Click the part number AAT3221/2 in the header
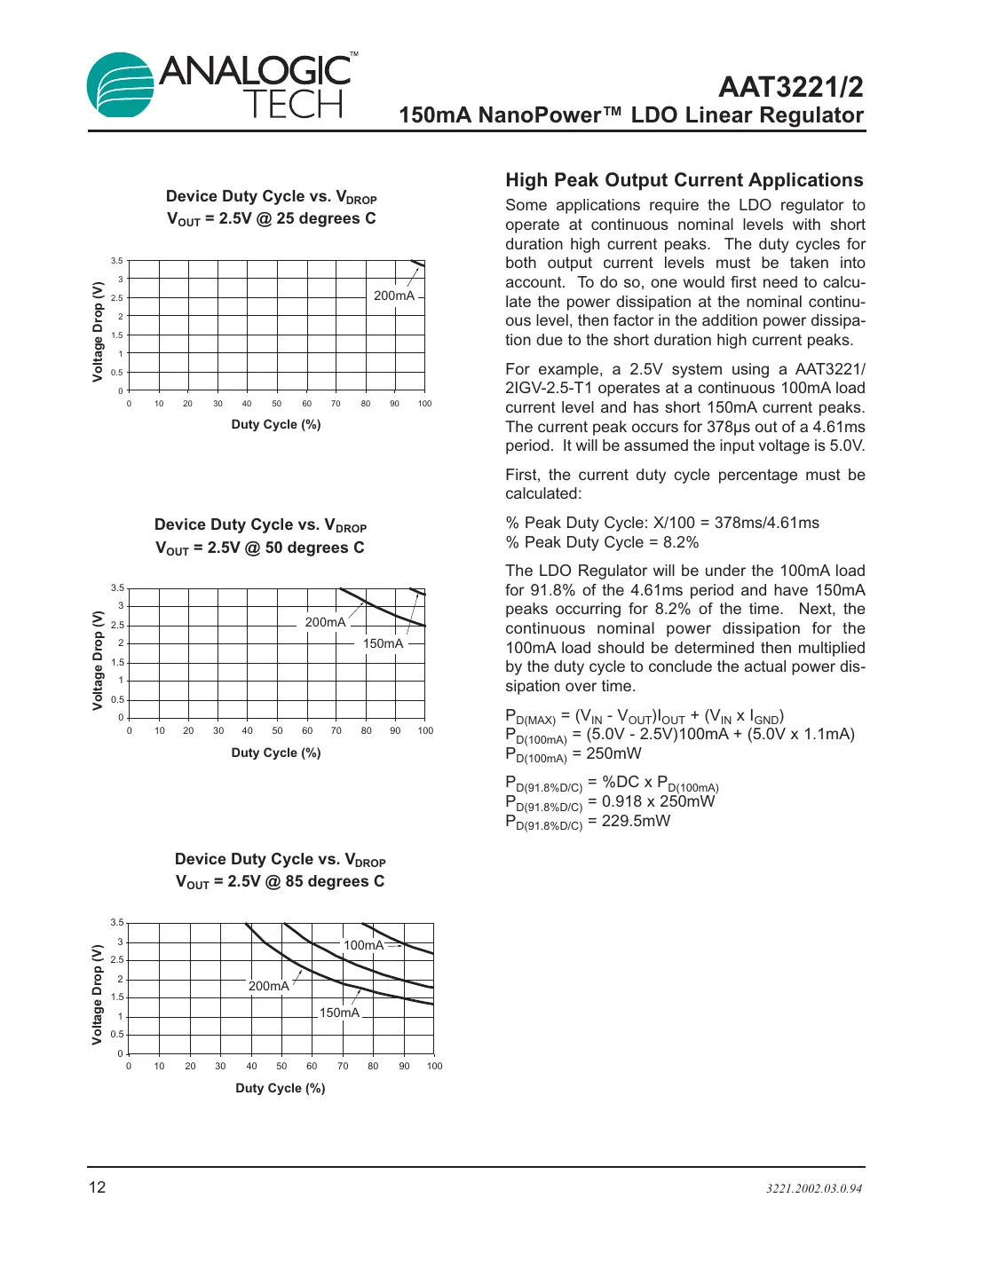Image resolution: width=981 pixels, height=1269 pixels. (x=789, y=87)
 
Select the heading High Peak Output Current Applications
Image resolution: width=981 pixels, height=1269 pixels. (x=684, y=180)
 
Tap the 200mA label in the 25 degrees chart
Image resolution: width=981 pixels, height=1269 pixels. (x=393, y=296)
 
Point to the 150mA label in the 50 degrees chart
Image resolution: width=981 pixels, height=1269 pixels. (x=383, y=643)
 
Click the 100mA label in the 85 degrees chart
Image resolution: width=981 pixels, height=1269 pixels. (x=363, y=945)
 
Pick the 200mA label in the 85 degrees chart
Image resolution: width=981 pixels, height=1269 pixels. (x=268, y=986)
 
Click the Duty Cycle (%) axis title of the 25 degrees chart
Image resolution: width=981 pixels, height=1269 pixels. (x=275, y=424)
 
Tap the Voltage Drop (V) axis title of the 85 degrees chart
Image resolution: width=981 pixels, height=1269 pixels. (x=98, y=994)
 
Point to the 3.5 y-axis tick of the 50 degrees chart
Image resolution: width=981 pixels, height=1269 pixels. (x=117, y=587)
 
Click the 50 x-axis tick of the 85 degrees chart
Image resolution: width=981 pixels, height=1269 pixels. (x=281, y=1066)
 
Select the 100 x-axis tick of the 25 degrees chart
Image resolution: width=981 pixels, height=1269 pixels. (x=424, y=404)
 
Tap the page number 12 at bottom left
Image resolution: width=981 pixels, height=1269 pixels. (x=97, y=1187)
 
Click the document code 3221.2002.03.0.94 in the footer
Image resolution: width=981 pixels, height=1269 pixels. (x=813, y=1188)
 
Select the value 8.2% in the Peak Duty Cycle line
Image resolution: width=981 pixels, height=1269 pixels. (x=680, y=542)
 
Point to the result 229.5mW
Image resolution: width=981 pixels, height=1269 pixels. (x=636, y=821)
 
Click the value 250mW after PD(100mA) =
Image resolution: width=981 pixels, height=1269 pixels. (x=613, y=753)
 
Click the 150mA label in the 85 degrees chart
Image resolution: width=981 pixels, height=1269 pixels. (x=339, y=1013)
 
